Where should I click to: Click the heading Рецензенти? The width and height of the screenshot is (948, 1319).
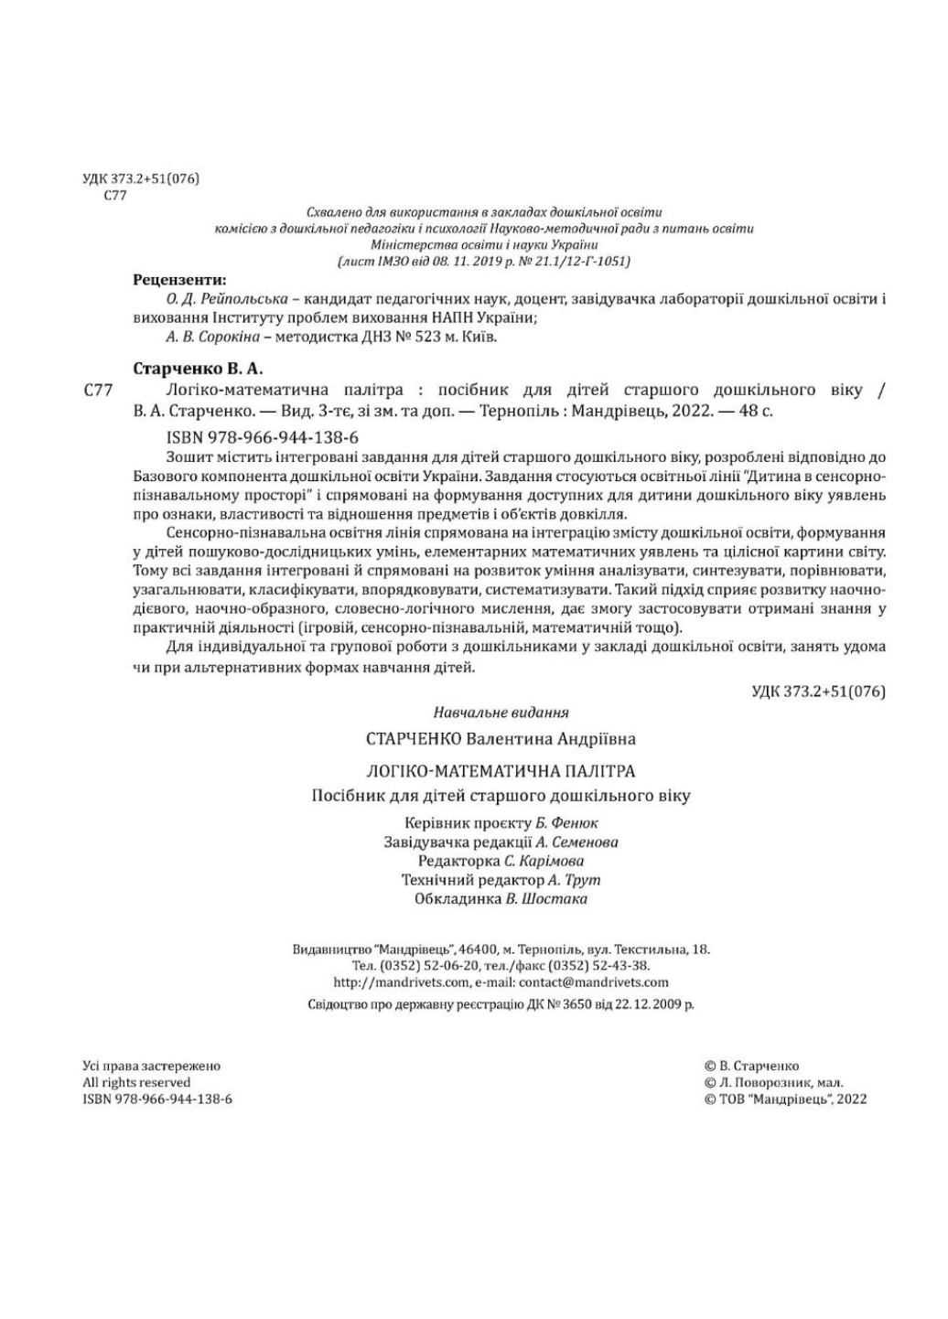[x=179, y=280]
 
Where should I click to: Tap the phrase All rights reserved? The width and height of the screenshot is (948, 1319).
[x=136, y=1082]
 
